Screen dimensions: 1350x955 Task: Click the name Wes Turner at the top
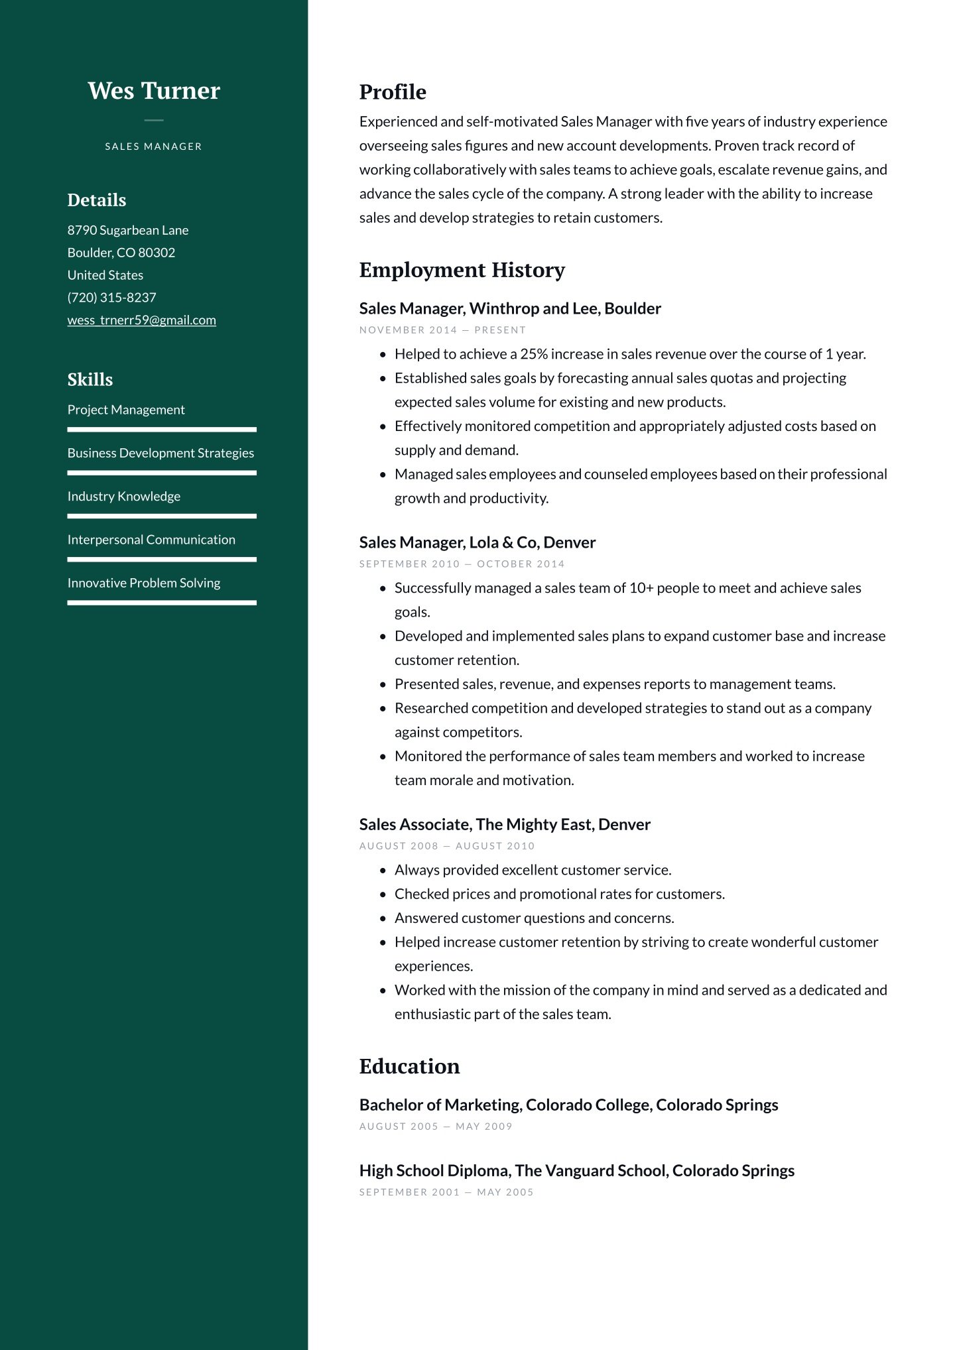pos(153,91)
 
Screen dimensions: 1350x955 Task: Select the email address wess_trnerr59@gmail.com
pos(141,320)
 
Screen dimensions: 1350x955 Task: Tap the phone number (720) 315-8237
pos(111,298)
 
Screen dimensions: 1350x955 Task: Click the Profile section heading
pos(393,92)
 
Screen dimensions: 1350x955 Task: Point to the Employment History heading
pos(462,270)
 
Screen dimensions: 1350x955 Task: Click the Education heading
pos(409,1066)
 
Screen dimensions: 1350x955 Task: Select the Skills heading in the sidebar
pos(90,379)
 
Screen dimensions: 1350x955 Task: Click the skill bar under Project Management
pos(162,430)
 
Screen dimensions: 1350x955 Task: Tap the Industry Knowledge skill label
pos(124,496)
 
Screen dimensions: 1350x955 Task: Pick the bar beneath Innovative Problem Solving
pos(162,603)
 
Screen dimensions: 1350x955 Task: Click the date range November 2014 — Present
pos(442,330)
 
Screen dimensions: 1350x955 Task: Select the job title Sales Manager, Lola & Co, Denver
pos(477,542)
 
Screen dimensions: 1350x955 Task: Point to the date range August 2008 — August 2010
pos(446,846)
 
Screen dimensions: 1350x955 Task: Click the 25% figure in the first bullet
pos(534,354)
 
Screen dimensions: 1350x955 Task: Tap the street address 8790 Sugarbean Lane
pos(128,230)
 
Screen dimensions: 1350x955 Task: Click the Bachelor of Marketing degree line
pos(568,1105)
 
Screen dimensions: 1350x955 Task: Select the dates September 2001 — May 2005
pos(446,1192)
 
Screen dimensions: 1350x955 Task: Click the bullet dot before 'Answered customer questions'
pos(383,918)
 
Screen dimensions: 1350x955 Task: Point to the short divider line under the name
pos(153,121)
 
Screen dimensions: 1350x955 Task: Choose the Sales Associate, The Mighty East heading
pos(505,824)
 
